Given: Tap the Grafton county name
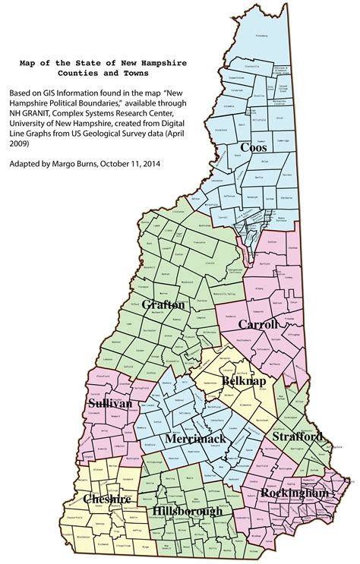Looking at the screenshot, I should pyautogui.click(x=163, y=304).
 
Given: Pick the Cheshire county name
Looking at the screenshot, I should pyautogui.click(x=108, y=499).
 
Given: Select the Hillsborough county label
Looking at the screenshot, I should pyautogui.click(x=187, y=511).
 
